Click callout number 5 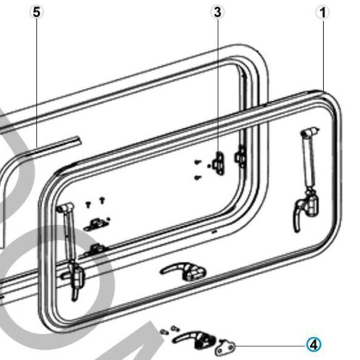pos(37,12)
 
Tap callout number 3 pos(217,12)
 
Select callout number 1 pos(323,12)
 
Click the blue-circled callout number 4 pos(314,345)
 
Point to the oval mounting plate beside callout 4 pos(225,347)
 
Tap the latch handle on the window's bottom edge pos(184,271)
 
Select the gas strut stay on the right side pos(310,161)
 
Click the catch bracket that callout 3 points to pos(219,163)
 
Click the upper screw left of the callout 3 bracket pos(197,162)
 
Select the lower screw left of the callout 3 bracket pos(197,178)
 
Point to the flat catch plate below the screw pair pos(96,225)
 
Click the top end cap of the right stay pos(311,132)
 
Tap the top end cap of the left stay pos(66,207)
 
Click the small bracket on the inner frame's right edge pos(240,156)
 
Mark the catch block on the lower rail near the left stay pos(95,249)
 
